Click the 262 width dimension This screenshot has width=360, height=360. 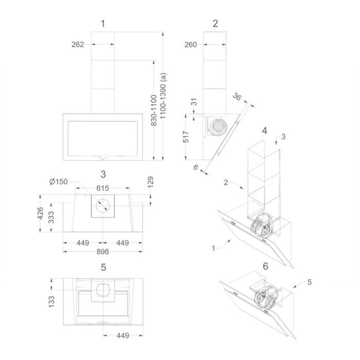click(x=78, y=44)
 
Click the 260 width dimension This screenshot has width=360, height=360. click(x=191, y=45)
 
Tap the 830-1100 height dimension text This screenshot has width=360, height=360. click(x=154, y=110)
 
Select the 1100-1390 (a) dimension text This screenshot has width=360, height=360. click(x=163, y=96)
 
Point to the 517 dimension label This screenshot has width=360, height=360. click(x=186, y=137)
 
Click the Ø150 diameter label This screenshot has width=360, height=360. click(x=59, y=182)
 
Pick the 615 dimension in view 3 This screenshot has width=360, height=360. click(x=103, y=188)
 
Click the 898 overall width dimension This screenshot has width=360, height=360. click(x=103, y=251)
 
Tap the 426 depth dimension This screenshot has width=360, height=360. click(x=40, y=213)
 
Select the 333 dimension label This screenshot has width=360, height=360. click(x=51, y=217)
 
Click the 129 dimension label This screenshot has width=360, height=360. click(x=150, y=182)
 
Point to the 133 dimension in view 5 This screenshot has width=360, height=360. click(x=51, y=301)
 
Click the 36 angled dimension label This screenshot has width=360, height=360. click(x=237, y=97)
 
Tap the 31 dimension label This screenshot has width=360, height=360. click(x=194, y=102)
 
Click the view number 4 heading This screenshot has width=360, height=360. click(x=264, y=131)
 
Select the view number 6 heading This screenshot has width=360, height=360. click(x=265, y=266)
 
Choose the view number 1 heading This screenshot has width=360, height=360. click(x=103, y=24)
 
